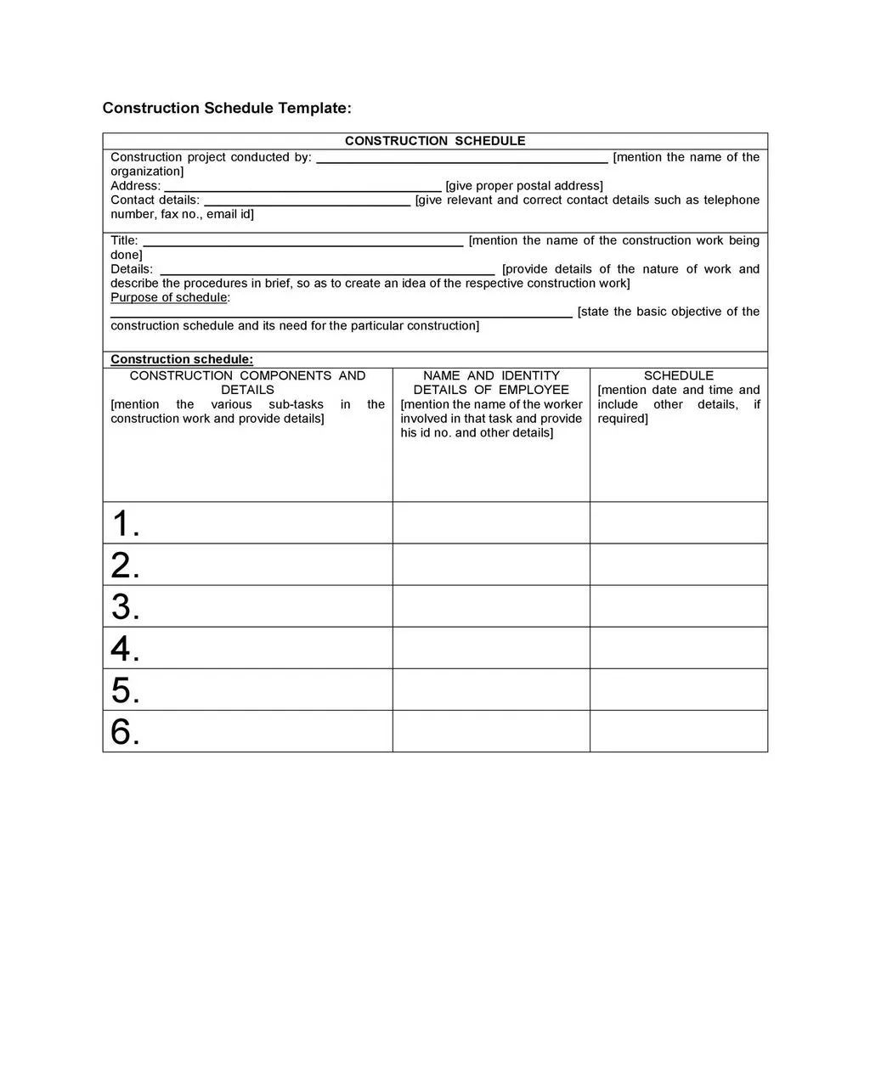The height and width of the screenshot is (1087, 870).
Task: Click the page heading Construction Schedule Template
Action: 226,108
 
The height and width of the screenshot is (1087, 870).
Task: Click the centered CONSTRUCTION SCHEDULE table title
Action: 435,141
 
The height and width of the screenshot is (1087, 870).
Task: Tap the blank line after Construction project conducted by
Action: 461,159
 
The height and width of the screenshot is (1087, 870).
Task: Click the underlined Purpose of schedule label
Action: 170,297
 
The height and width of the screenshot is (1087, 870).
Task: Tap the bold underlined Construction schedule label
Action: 182,359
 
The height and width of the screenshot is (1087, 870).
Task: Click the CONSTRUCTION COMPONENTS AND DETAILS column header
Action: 247,382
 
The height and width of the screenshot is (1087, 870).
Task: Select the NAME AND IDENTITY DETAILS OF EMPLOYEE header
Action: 491,382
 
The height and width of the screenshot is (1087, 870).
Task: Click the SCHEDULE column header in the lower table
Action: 678,375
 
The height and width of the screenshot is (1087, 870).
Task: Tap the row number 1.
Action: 125,523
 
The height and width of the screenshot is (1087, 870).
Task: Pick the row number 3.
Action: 125,606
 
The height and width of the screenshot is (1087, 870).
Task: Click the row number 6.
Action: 125,731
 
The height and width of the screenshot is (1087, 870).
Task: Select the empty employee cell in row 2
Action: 491,565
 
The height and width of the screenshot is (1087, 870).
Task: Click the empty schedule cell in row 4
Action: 678,648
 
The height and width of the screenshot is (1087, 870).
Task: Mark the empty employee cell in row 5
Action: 491,690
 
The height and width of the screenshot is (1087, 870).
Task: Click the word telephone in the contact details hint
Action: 731,200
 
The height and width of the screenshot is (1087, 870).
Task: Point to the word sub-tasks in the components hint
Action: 296,404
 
